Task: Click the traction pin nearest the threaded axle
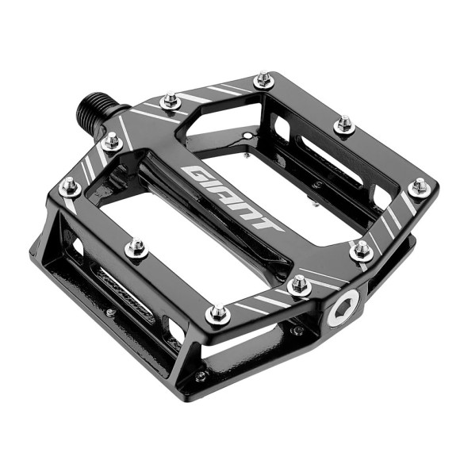coord(169,100)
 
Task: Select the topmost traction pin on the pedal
coord(263,80)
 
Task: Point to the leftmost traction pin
coord(70,187)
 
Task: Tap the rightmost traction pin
coord(418,187)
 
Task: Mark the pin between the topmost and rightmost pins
coord(343,124)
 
